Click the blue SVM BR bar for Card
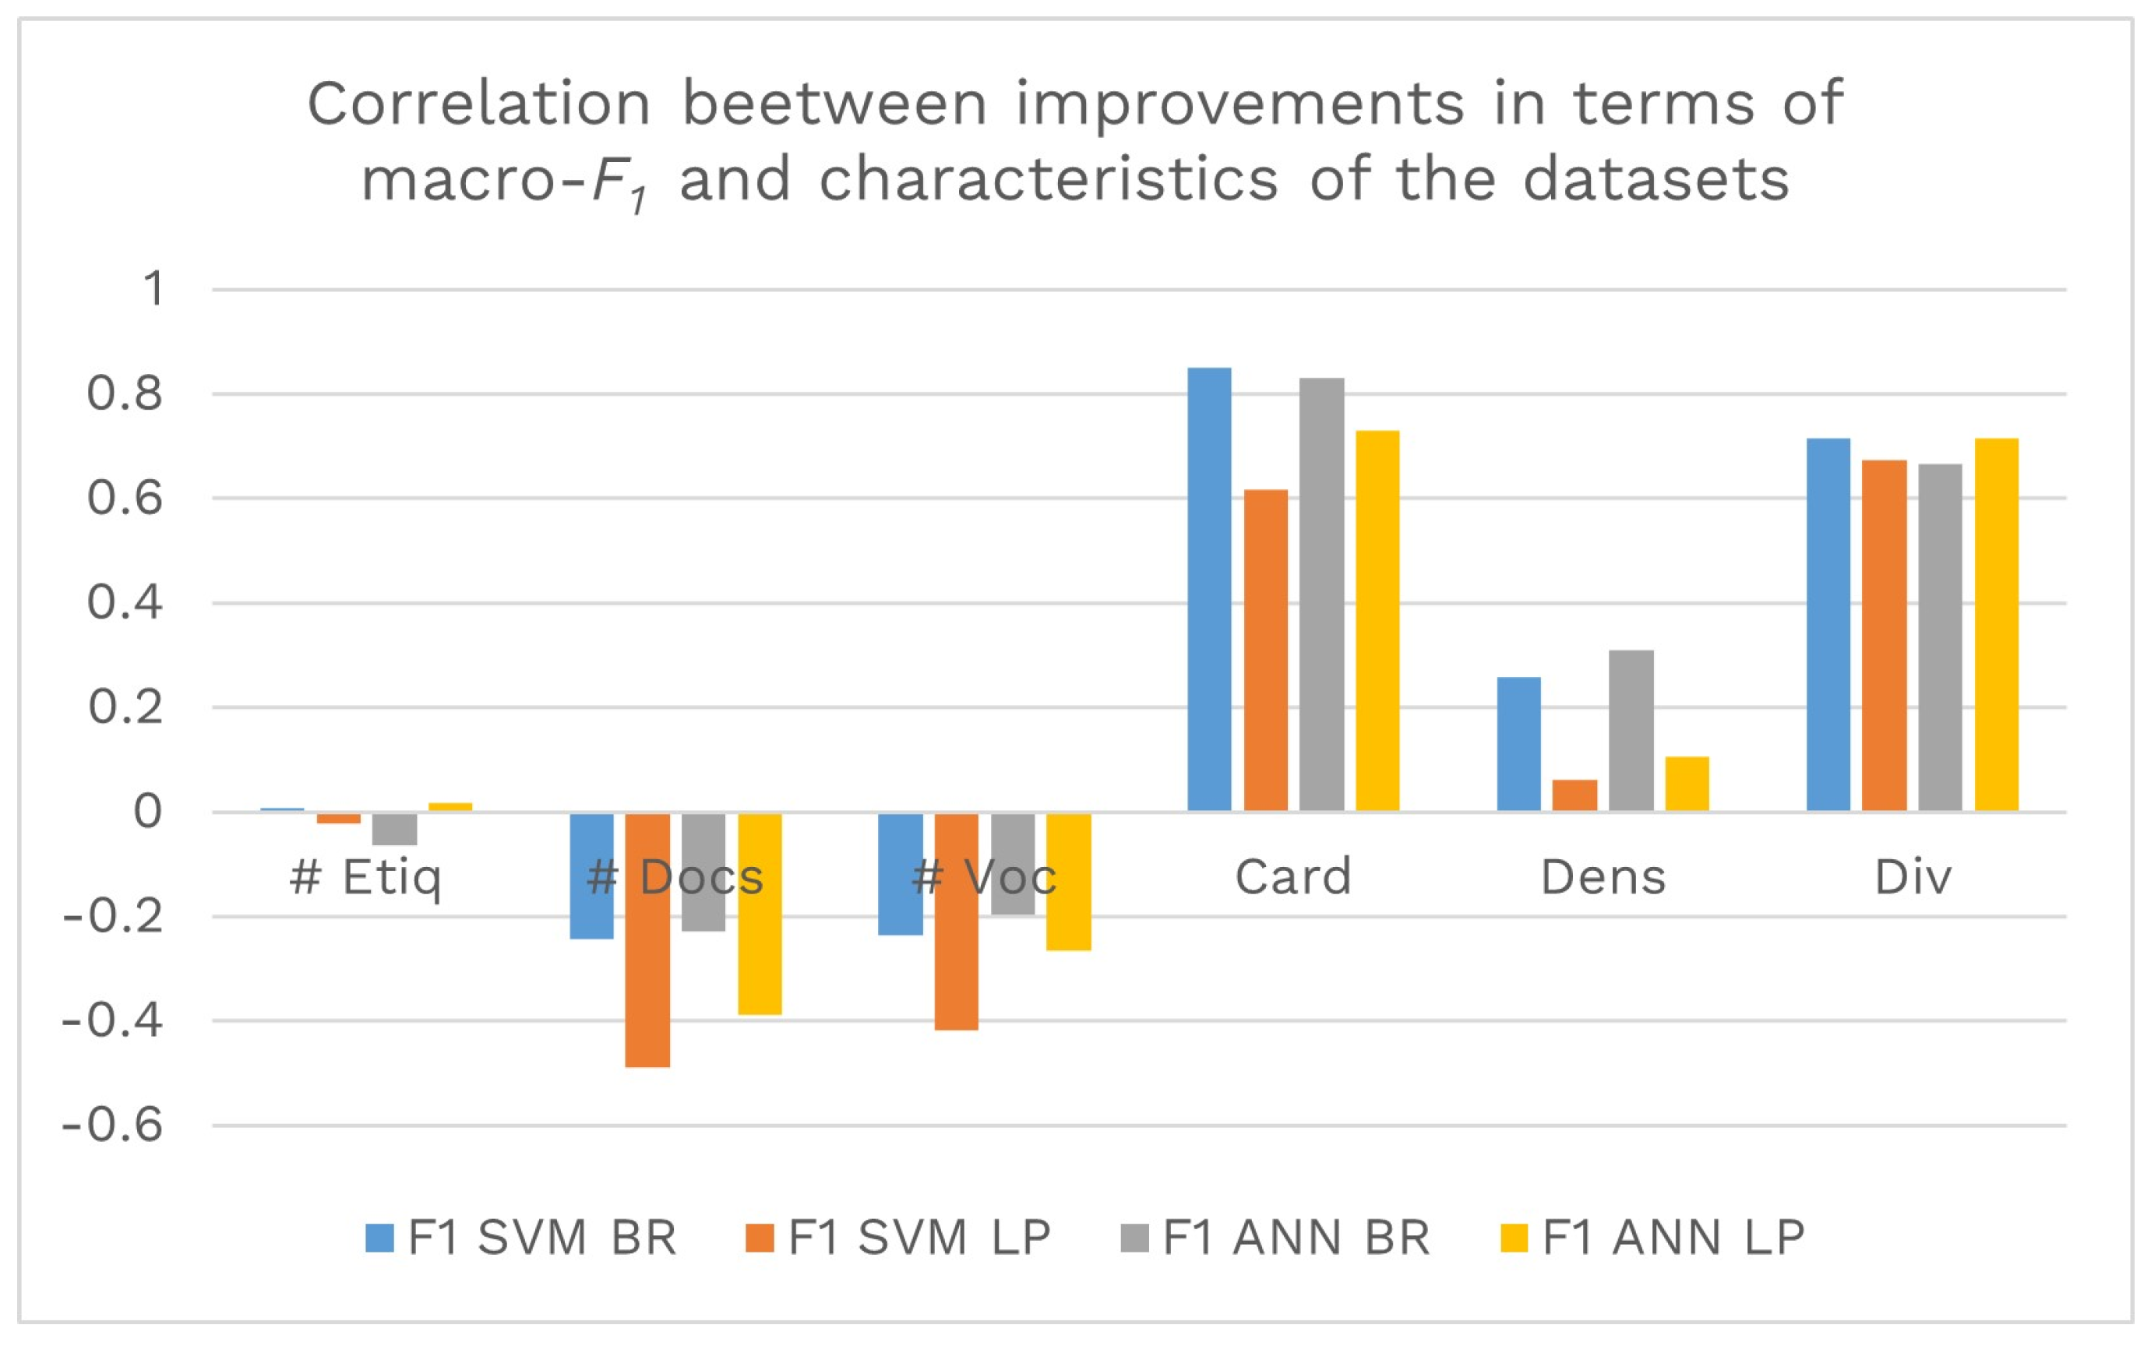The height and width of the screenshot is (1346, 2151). tap(1209, 590)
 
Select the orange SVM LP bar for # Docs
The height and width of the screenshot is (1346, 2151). tap(647, 939)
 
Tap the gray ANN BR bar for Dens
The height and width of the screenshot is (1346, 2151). tap(1631, 731)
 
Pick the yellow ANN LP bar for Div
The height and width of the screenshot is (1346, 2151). tap(1996, 624)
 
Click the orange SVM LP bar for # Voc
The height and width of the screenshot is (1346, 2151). tap(956, 921)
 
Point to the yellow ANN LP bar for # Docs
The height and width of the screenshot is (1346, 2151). tap(760, 914)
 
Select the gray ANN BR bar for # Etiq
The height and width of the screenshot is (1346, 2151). tap(394, 829)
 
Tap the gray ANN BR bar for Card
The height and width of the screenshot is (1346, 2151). tap(1321, 594)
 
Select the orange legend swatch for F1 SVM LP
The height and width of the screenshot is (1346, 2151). tap(760, 1239)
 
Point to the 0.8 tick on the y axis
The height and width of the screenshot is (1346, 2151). tap(125, 393)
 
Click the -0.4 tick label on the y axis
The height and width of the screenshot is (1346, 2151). tap(113, 1020)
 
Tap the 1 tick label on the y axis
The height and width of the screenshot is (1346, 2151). tap(153, 289)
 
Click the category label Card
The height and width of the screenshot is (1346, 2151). tap(1292, 877)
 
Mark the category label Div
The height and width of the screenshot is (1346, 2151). tap(1913, 877)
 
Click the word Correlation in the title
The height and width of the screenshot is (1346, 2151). tap(479, 104)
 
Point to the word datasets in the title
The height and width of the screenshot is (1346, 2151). tap(1656, 180)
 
